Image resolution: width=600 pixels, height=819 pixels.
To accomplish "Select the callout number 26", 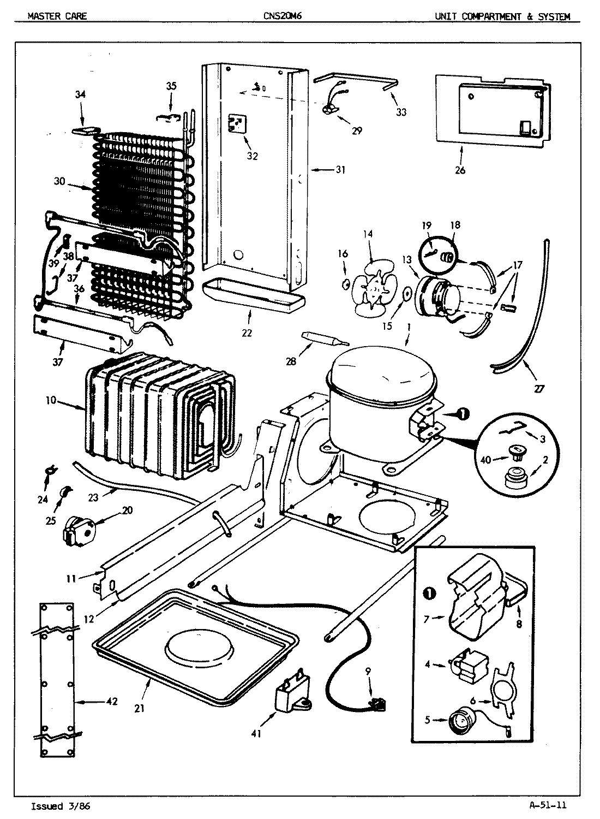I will tap(460, 170).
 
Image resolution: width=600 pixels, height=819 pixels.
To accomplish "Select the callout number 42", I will tap(112, 702).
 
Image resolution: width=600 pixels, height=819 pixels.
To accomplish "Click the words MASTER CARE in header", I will tap(57, 16).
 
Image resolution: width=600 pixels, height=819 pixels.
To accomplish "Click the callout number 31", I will tap(340, 170).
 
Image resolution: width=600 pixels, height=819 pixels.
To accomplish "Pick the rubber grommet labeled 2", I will tap(514, 479).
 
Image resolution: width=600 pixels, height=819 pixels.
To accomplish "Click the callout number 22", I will tap(247, 333).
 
